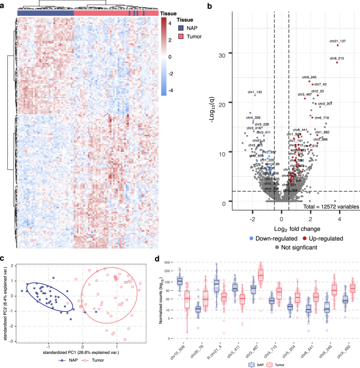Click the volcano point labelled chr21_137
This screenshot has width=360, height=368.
click(x=337, y=45)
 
